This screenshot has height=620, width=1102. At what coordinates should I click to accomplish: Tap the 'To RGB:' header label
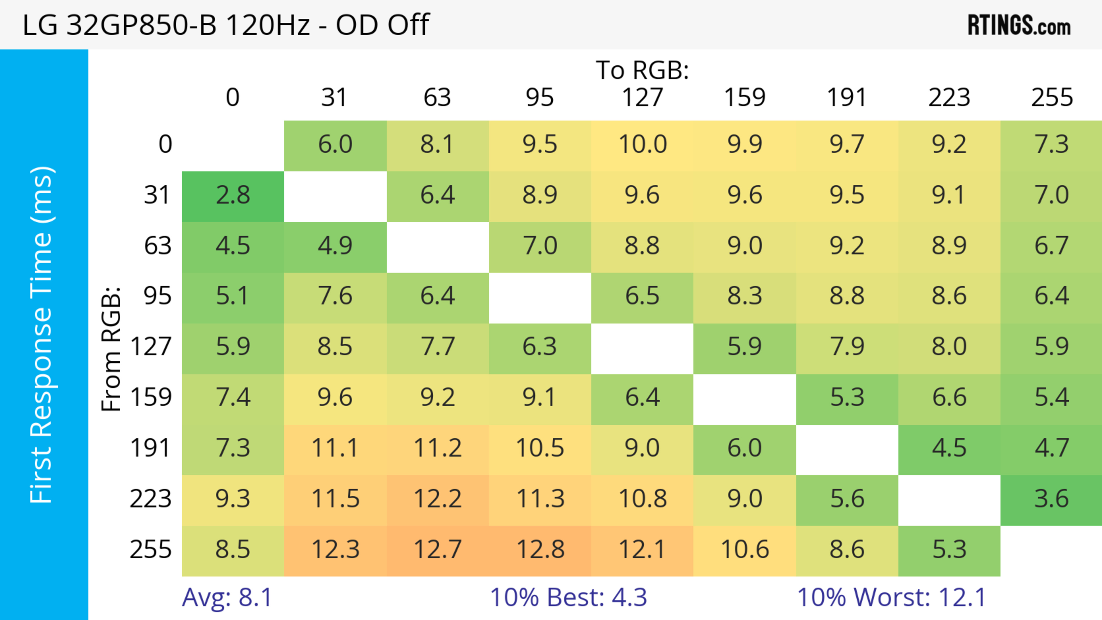(642, 70)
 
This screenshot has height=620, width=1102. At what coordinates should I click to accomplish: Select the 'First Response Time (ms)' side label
(42, 334)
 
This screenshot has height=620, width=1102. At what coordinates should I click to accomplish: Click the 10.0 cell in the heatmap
(642, 145)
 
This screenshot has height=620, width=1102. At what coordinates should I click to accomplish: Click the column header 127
(642, 98)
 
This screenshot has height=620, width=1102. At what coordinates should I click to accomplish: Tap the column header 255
(1051, 98)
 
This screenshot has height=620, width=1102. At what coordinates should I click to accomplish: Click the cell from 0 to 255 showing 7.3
(1051, 145)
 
